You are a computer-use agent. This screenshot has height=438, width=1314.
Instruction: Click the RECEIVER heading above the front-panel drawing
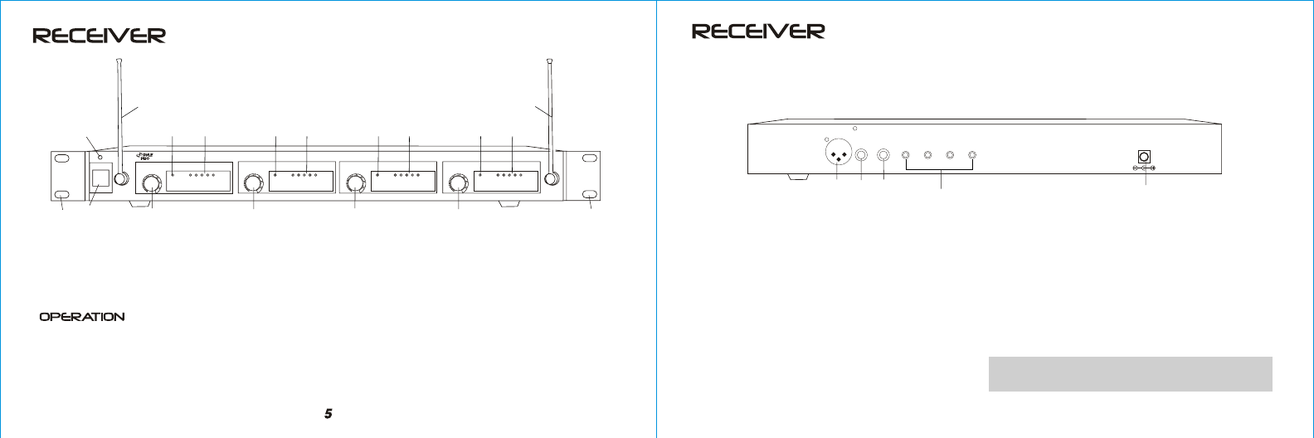coord(99,36)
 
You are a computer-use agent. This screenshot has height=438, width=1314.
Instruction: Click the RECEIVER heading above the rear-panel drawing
coord(758,32)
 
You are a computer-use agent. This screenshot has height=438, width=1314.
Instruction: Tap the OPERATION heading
coord(83,317)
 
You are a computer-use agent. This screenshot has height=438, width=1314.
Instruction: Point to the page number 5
coord(328,413)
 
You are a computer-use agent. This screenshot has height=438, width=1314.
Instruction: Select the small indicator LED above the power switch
coord(100,157)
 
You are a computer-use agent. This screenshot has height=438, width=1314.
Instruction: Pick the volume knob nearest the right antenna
coord(457,183)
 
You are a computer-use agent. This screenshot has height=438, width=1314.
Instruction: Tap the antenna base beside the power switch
coord(122,178)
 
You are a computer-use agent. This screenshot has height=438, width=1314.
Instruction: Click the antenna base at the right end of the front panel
coord(549,178)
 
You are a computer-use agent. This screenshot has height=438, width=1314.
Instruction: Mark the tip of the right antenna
coord(549,60)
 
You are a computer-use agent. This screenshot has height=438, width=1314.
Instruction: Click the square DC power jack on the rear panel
coord(1144,156)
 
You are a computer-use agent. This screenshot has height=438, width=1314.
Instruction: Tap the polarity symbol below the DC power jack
coord(1144,168)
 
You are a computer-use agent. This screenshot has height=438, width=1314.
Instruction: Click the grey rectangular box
coord(1130,373)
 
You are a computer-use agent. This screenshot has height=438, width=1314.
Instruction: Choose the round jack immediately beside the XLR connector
coord(863,155)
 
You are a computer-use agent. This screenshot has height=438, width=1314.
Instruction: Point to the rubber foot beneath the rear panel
coord(795,178)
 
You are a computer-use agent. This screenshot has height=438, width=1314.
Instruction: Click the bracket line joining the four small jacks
coord(940,171)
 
